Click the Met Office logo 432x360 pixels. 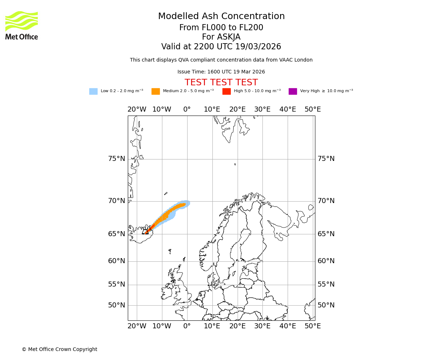coord(22,25)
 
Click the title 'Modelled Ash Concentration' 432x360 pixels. coord(221,17)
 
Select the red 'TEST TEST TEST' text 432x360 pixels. coord(221,82)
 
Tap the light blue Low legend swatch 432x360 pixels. coord(93,91)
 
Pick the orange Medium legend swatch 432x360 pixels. coord(156,91)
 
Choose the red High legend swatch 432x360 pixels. coord(226,91)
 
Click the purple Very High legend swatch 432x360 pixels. coord(293,91)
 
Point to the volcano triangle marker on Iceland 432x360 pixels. coord(145,232)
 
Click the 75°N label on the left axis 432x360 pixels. coord(117,159)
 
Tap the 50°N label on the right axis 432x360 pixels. coord(326,305)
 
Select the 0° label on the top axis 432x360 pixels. coord(187,109)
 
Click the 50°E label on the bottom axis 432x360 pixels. coord(312,326)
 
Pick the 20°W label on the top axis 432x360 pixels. coord(137,109)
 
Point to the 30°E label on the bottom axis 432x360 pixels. coord(262,326)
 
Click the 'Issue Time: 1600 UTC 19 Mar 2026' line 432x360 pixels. coord(221,72)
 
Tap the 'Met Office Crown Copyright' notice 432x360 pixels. coord(59,350)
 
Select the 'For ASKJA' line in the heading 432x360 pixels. coord(221,37)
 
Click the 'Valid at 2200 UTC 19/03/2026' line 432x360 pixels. coord(221,47)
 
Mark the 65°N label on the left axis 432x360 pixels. coord(117,234)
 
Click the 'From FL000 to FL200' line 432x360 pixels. coord(221,28)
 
